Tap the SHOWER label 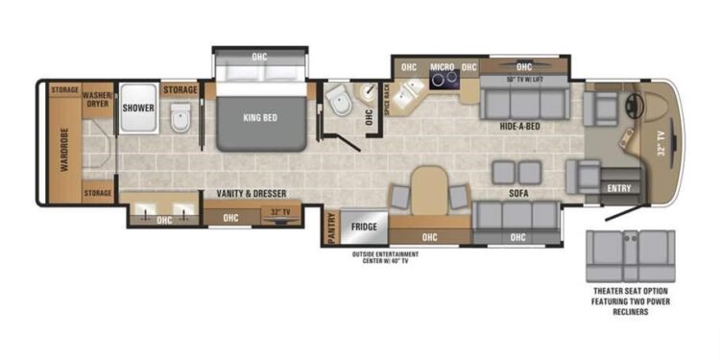[138, 108]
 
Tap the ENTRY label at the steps [619, 188]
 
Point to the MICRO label [442, 67]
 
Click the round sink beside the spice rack [369, 91]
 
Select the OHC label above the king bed [260, 55]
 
